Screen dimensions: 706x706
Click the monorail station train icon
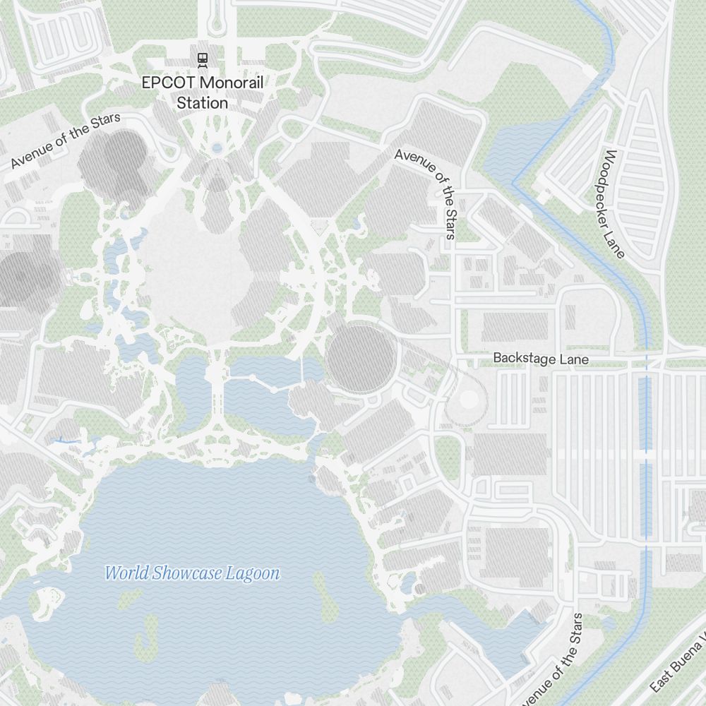[203, 59]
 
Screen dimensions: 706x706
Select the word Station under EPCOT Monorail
[203, 103]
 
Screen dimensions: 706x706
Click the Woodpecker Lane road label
[610, 203]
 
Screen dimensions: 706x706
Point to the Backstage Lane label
[540, 359]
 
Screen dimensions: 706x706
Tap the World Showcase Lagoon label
[192, 573]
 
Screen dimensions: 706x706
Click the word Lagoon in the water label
[252, 573]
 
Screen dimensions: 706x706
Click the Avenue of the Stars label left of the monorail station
[66, 141]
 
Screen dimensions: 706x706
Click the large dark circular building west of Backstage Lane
[360, 358]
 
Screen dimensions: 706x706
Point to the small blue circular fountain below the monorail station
[217, 148]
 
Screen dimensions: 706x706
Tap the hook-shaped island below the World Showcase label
[146, 639]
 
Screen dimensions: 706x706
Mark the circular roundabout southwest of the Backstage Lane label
[467, 400]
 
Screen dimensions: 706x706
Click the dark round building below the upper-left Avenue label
[113, 162]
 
